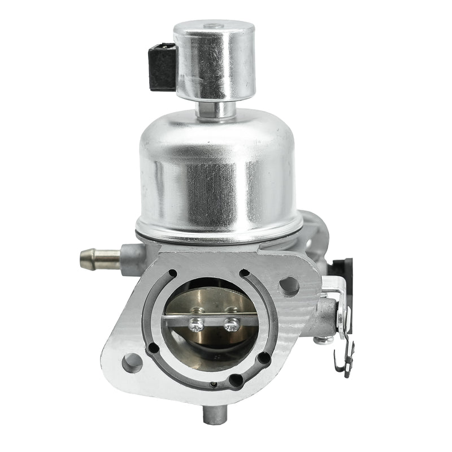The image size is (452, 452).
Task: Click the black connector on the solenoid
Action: click(x=163, y=67)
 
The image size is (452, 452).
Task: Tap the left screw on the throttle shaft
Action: click(x=197, y=324)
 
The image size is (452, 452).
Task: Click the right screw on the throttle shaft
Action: click(x=232, y=325)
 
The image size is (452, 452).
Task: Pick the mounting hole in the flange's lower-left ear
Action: click(x=132, y=362)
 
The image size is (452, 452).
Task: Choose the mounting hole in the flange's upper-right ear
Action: click(x=289, y=286)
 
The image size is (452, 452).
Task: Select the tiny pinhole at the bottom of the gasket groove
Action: click(x=212, y=385)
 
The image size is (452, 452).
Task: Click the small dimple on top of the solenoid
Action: click(x=212, y=25)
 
